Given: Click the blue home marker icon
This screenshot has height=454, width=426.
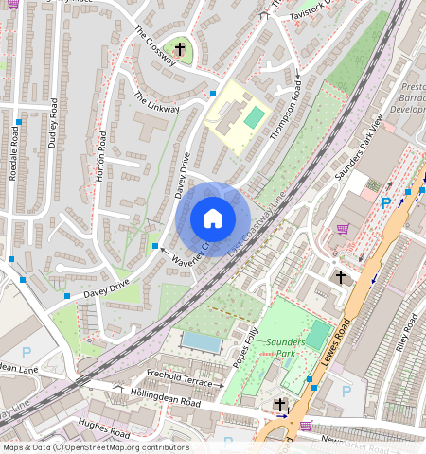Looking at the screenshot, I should pyautogui.click(x=213, y=218).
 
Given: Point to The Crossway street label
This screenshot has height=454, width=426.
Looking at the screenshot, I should pyautogui.click(x=154, y=44).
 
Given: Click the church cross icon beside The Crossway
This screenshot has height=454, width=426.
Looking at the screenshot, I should pyautogui.click(x=180, y=47).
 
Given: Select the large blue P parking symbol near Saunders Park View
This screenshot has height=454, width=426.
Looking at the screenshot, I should pyautogui.click(x=385, y=203).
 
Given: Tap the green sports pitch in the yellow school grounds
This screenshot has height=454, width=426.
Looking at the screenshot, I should pyautogui.click(x=254, y=118).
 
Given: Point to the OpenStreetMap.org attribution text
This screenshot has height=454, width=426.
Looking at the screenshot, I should pyautogui.click(x=123, y=447).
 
